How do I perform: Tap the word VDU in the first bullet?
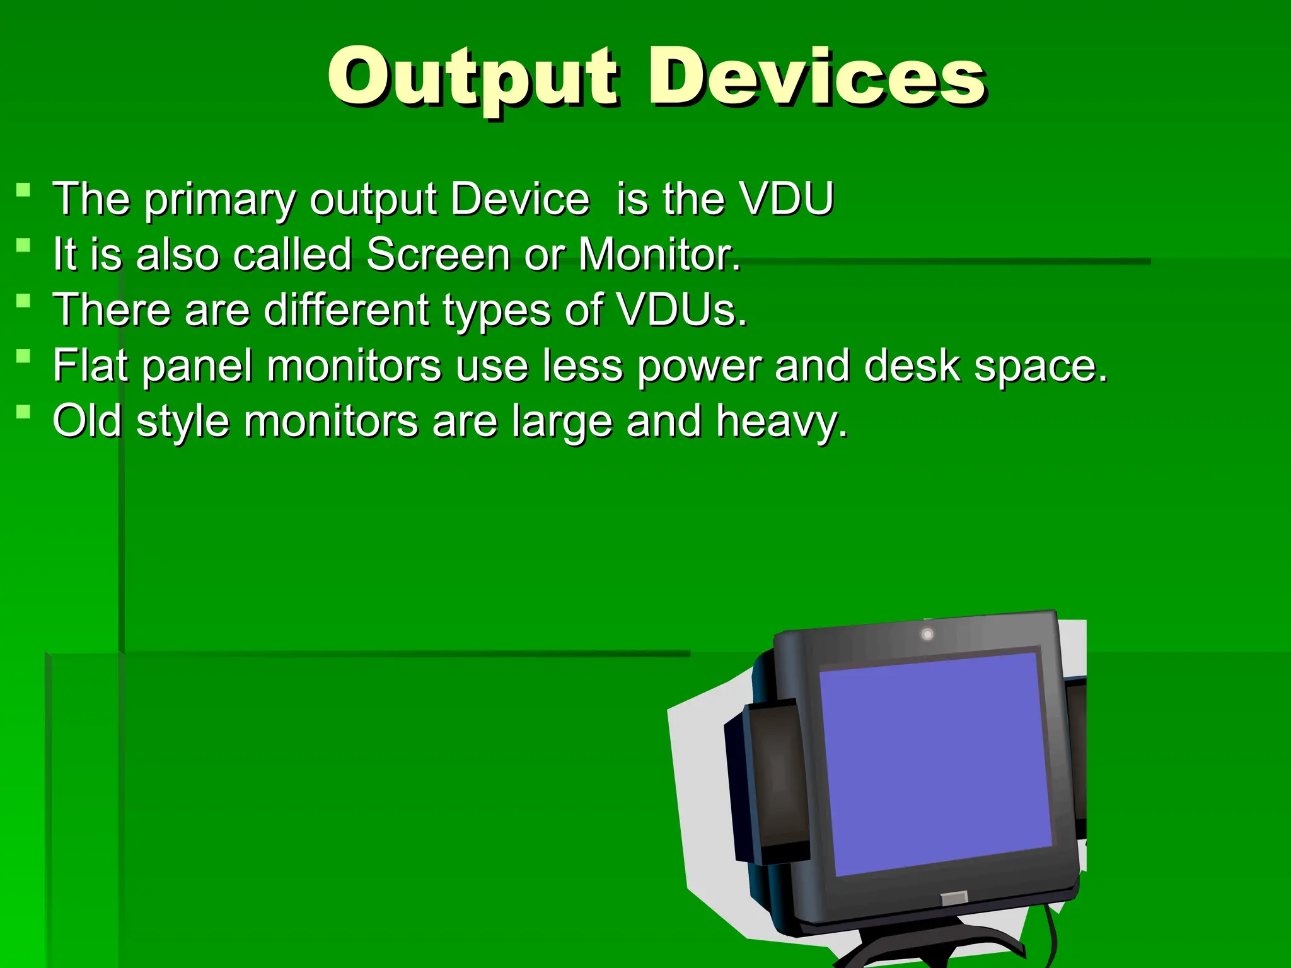787,199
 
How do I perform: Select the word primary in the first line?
220,200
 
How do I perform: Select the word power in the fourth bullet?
698,366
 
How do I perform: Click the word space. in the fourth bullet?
1040,366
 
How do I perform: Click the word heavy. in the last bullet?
782,422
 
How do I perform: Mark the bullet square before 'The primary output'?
23,190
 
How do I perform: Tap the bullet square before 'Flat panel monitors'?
23,356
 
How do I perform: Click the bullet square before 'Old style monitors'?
23,412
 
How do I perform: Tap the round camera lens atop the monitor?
927,634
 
